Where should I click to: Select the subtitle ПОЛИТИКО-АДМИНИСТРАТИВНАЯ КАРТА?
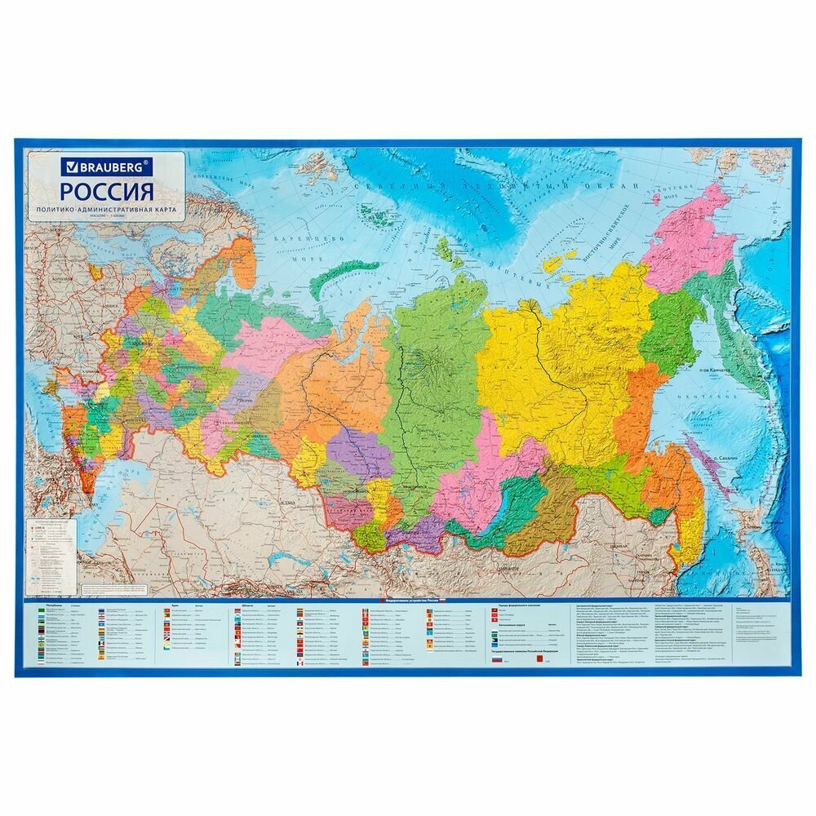pyautogui.click(x=107, y=211)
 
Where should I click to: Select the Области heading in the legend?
pyautogui.click(x=246, y=608)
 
